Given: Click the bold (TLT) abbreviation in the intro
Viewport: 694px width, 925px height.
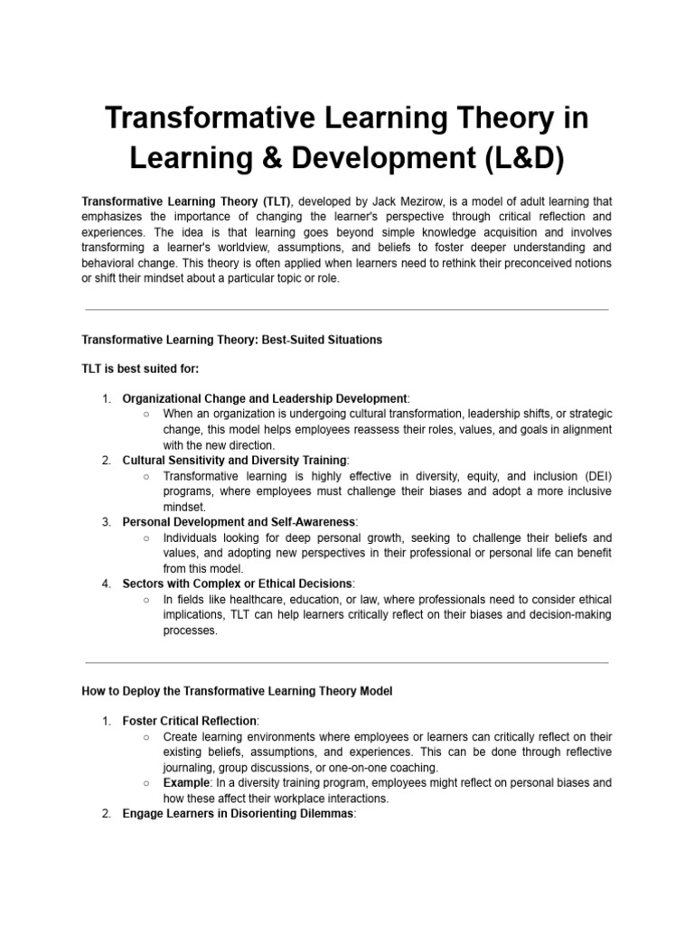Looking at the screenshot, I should coord(274,201).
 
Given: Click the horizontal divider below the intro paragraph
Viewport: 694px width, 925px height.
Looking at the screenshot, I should coord(346,309).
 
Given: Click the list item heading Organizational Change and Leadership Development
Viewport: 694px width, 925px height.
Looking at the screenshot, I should coord(265,398).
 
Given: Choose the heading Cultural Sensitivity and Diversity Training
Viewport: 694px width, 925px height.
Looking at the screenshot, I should coord(234,460).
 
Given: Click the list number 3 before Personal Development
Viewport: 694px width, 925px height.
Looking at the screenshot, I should coord(106,522).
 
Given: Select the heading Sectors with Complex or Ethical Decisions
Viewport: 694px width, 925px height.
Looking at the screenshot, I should coord(238,584).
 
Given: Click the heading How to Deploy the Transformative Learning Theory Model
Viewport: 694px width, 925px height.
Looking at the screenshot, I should coord(237,691).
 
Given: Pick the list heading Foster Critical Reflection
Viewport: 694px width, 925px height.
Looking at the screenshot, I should coord(190,721).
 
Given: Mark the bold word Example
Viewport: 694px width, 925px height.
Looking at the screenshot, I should coord(187,782).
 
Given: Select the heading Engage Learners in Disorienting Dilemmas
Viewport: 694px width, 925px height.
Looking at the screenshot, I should coord(239,814).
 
